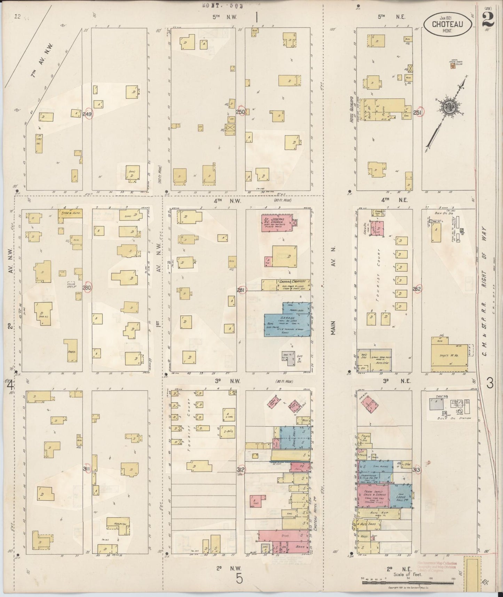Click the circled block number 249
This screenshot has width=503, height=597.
(x=87, y=114)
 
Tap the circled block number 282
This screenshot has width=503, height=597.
(x=417, y=289)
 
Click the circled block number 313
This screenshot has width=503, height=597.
(x=416, y=470)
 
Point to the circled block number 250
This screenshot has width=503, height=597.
(x=240, y=112)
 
